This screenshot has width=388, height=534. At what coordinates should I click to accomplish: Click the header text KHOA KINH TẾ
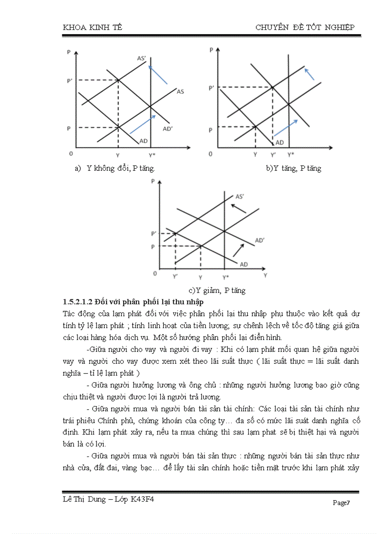pos(92,28)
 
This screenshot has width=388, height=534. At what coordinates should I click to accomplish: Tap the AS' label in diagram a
pos(141,58)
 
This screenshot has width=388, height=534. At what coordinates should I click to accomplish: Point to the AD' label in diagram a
pos(167,128)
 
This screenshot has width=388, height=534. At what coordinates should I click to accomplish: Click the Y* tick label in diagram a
pos(151,155)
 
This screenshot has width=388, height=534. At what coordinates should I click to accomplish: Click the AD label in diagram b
pos(280,142)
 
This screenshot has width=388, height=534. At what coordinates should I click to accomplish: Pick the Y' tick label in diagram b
pos(273,155)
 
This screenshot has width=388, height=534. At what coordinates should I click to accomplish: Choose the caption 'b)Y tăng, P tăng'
pos(293,168)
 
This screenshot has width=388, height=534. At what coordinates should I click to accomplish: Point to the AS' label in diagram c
pos(240,196)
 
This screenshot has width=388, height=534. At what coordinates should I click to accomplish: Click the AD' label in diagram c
pos(260,241)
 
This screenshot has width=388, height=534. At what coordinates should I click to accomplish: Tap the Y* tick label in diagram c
pos(225,277)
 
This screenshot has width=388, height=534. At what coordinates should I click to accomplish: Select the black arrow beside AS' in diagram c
pos(239,208)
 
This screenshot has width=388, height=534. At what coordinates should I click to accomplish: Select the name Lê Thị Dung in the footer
pos(81,499)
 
